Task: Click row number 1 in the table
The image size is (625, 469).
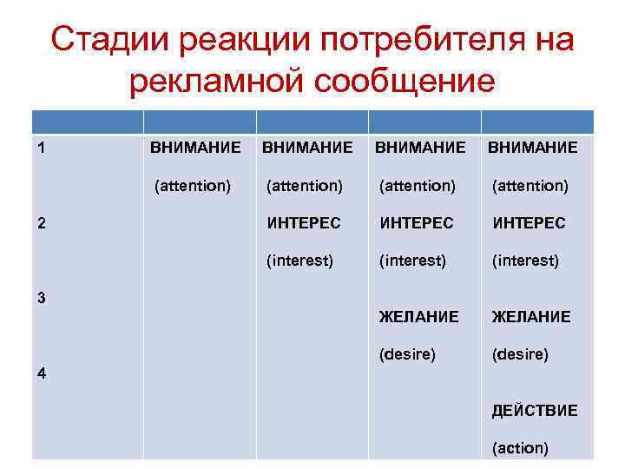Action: pyautogui.click(x=43, y=148)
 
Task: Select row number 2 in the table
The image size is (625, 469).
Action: pyautogui.click(x=43, y=222)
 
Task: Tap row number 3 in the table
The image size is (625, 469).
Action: pyautogui.click(x=43, y=297)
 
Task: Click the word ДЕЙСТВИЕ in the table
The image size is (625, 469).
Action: pyautogui.click(x=534, y=411)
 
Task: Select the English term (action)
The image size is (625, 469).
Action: pyautogui.click(x=520, y=448)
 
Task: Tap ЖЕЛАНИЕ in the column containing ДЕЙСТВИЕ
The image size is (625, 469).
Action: pyautogui.click(x=531, y=317)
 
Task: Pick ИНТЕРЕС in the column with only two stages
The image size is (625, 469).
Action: pyautogui.click(x=304, y=223)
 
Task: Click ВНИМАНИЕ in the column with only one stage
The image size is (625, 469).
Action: pyautogui.click(x=195, y=148)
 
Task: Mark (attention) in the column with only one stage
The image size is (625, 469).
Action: pyautogui.click(x=192, y=185)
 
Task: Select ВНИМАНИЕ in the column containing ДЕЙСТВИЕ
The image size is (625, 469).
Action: pyautogui.click(x=532, y=148)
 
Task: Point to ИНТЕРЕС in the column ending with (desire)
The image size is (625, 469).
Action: pyautogui.click(x=416, y=223)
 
